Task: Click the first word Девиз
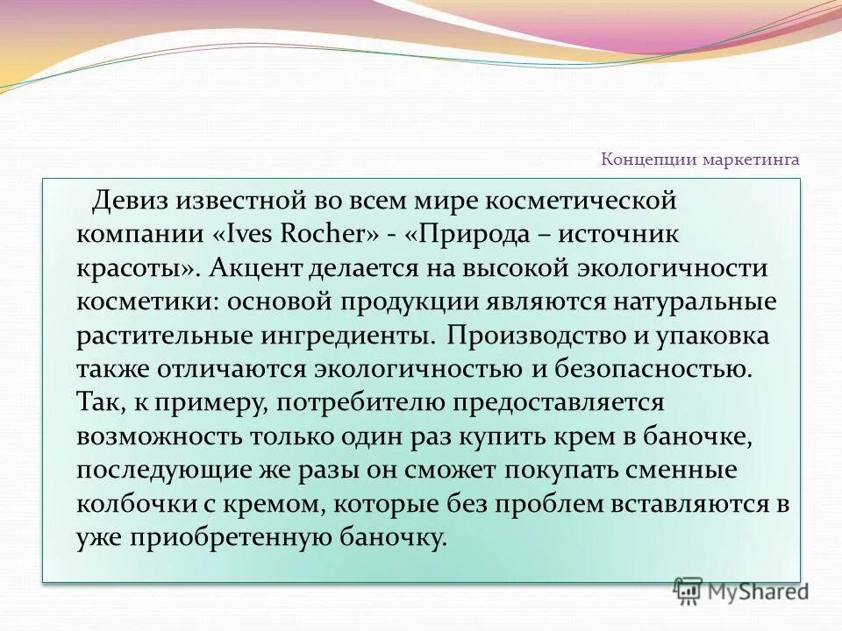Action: (x=127, y=200)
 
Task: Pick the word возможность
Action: (x=158, y=436)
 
